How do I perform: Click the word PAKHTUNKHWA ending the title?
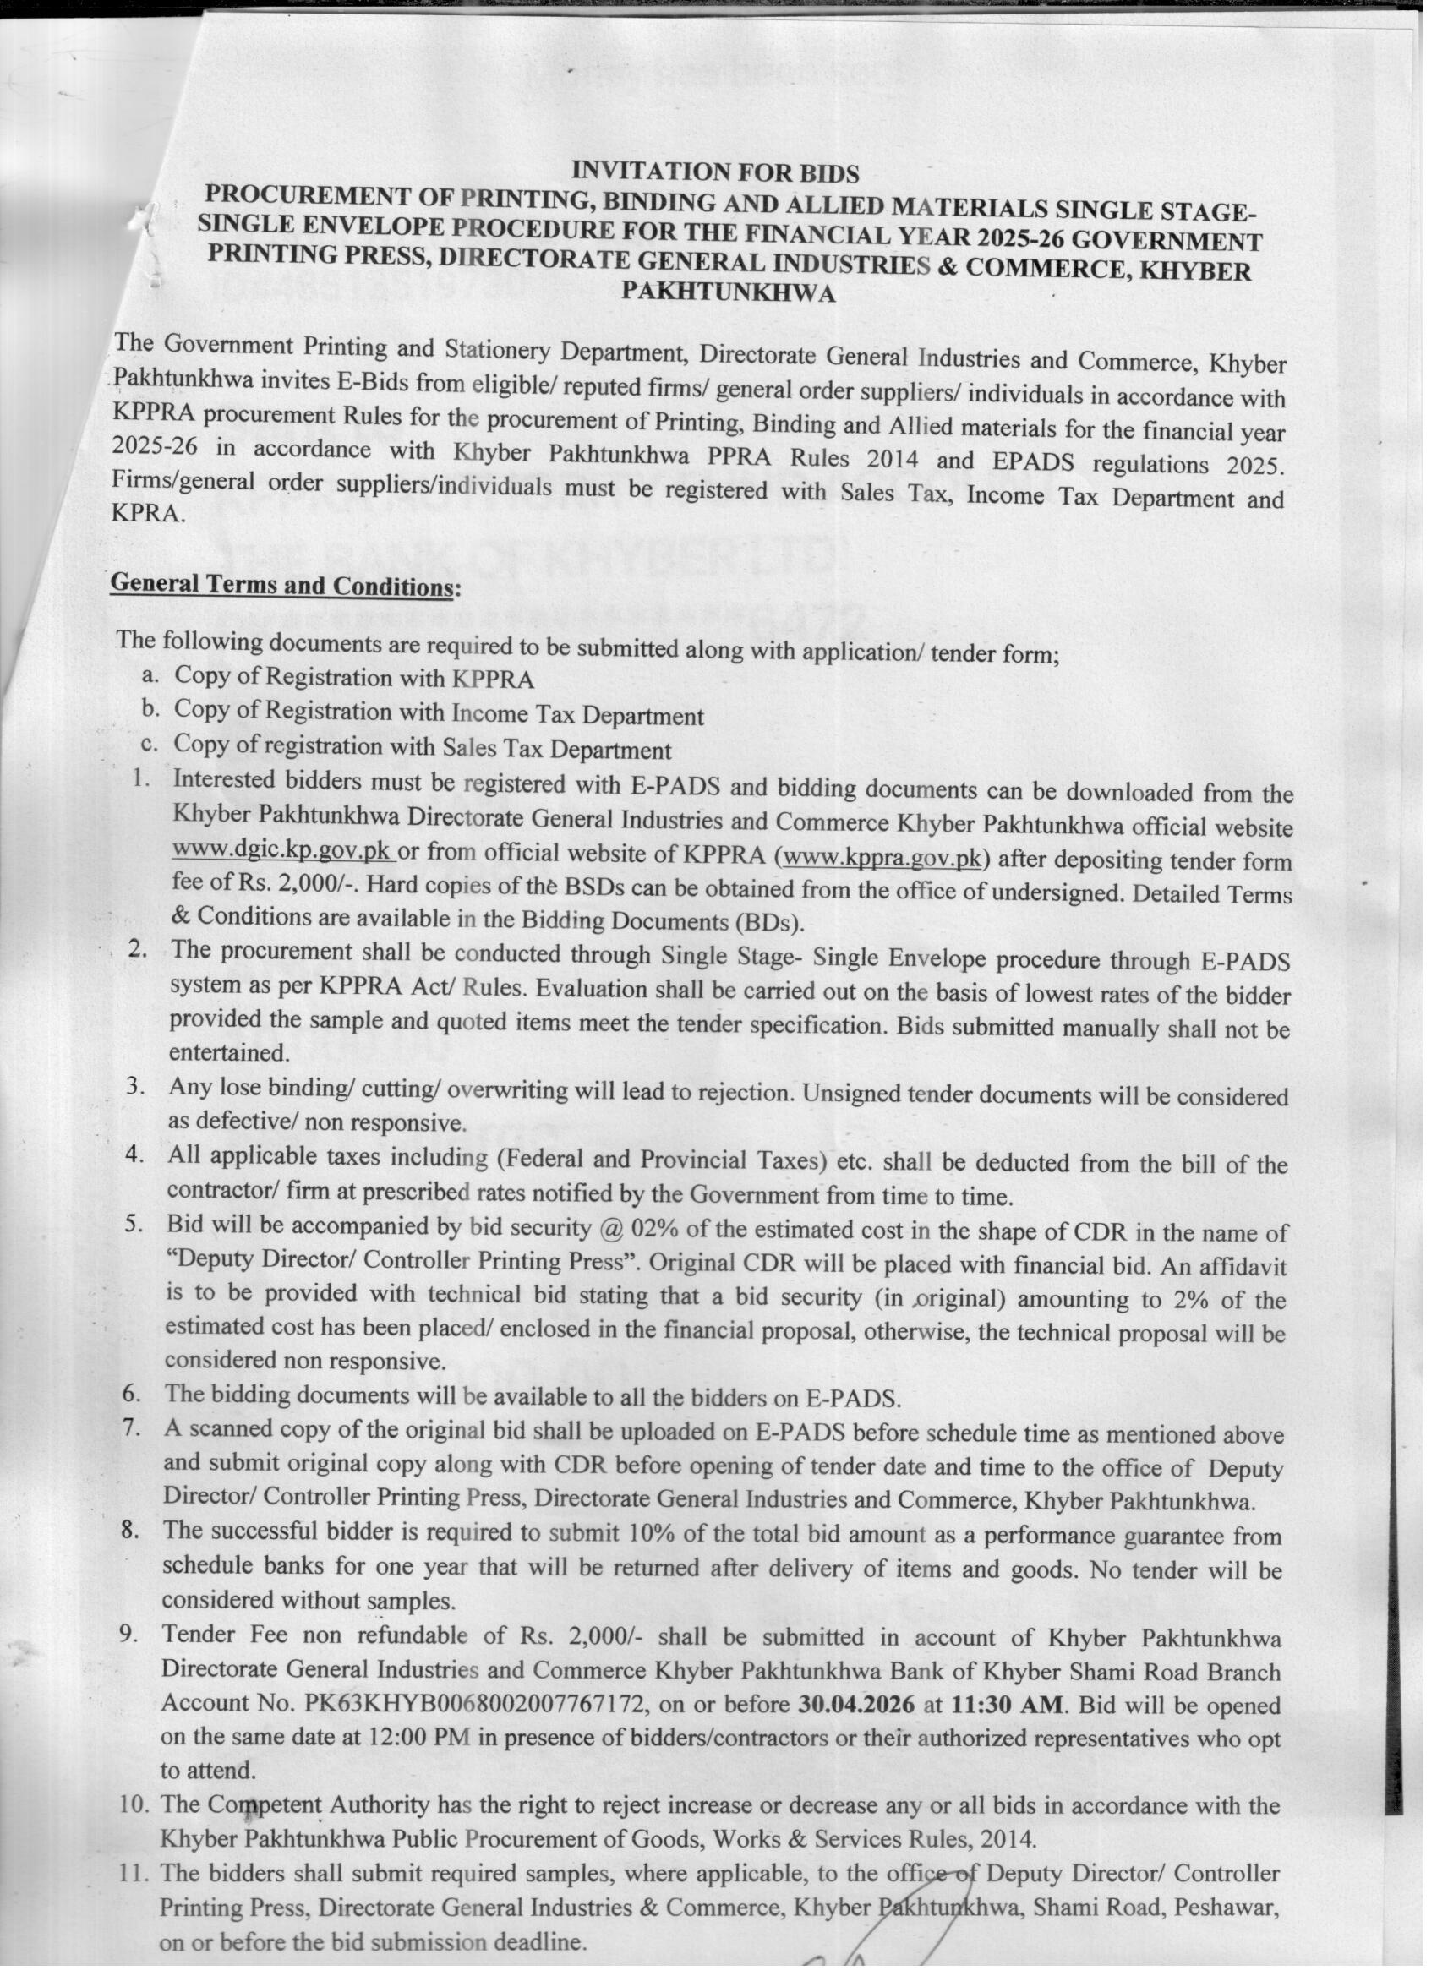coord(728,292)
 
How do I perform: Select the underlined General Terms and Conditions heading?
coord(281,585)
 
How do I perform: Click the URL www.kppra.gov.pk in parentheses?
coord(883,857)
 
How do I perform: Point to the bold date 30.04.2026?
coord(855,1704)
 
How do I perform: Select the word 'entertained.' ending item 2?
coord(228,1051)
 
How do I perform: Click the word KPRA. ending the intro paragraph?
coord(148,513)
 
